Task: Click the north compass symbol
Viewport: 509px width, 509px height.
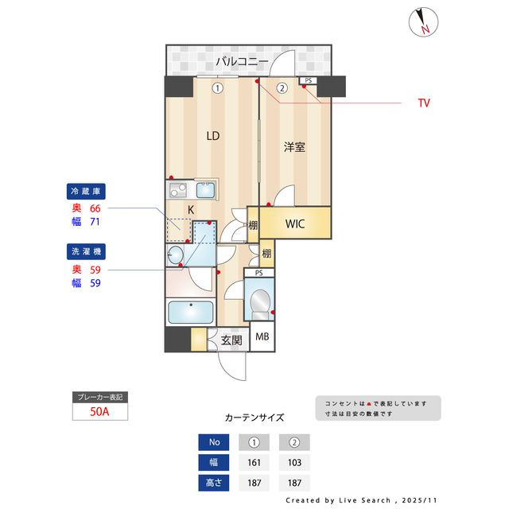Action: (x=423, y=22)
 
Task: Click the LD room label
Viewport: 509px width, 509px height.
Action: (x=213, y=136)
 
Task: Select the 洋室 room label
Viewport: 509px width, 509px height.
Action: (x=295, y=147)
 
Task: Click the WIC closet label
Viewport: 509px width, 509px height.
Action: (x=296, y=223)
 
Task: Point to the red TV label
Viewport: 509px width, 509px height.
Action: (x=424, y=103)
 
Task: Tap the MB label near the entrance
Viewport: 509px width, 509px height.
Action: (x=262, y=337)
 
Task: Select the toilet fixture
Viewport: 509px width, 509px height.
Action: (x=260, y=302)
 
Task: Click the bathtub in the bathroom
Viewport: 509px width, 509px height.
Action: (x=191, y=313)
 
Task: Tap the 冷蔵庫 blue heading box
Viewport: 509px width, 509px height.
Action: (x=87, y=192)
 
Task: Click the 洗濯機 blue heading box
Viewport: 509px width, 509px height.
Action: (x=87, y=251)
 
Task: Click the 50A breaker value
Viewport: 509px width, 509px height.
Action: (x=100, y=412)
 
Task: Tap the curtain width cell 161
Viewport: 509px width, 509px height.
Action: (x=254, y=462)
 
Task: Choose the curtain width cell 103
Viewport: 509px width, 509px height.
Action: (x=293, y=462)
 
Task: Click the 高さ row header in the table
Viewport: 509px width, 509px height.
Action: (x=213, y=483)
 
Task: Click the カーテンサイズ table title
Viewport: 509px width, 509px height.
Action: (x=254, y=417)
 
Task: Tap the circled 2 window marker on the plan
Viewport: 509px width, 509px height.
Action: (x=282, y=89)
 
